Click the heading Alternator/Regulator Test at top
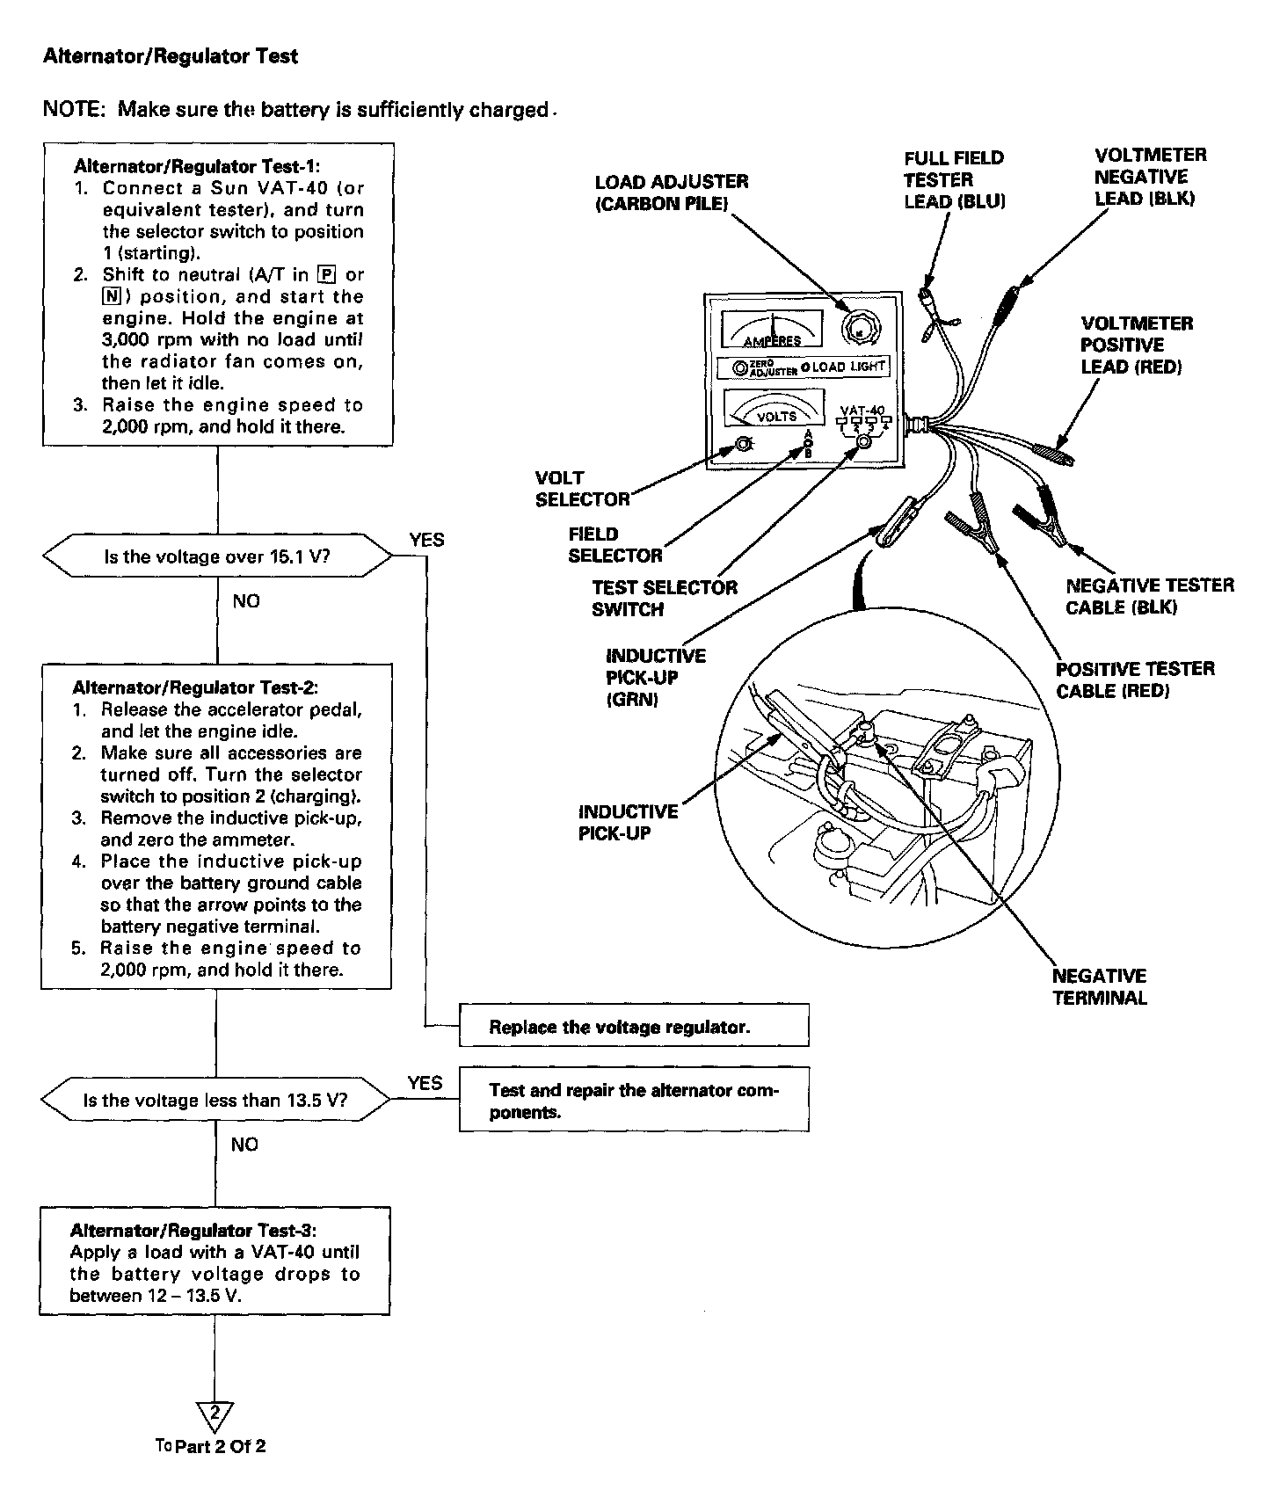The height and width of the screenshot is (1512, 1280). click(x=171, y=56)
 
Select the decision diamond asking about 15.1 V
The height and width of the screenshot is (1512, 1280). click(x=217, y=556)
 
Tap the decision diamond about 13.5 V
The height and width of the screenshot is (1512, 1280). click(x=216, y=1100)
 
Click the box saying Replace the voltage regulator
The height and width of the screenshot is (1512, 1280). click(x=633, y=1027)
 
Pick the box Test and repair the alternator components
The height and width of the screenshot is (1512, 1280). click(x=633, y=1100)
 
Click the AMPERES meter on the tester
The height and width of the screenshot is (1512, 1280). click(x=772, y=331)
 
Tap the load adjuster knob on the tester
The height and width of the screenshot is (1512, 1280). click(x=856, y=329)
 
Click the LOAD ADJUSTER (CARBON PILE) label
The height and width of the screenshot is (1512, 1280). click(x=672, y=193)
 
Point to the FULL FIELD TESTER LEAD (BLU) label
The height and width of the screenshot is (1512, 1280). click(x=954, y=179)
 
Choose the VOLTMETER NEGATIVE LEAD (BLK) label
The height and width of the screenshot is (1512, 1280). click(x=1150, y=177)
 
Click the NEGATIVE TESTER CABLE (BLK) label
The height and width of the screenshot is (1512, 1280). click(x=1149, y=596)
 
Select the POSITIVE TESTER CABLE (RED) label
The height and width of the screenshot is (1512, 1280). click(x=1135, y=680)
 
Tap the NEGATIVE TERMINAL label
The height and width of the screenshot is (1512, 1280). click(x=1099, y=986)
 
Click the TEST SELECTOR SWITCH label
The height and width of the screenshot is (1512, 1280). click(x=665, y=598)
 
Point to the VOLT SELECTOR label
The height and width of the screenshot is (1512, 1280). click(x=582, y=489)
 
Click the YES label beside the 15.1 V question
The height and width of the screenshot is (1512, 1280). click(x=426, y=540)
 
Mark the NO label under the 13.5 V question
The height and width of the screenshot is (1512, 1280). click(x=245, y=1144)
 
